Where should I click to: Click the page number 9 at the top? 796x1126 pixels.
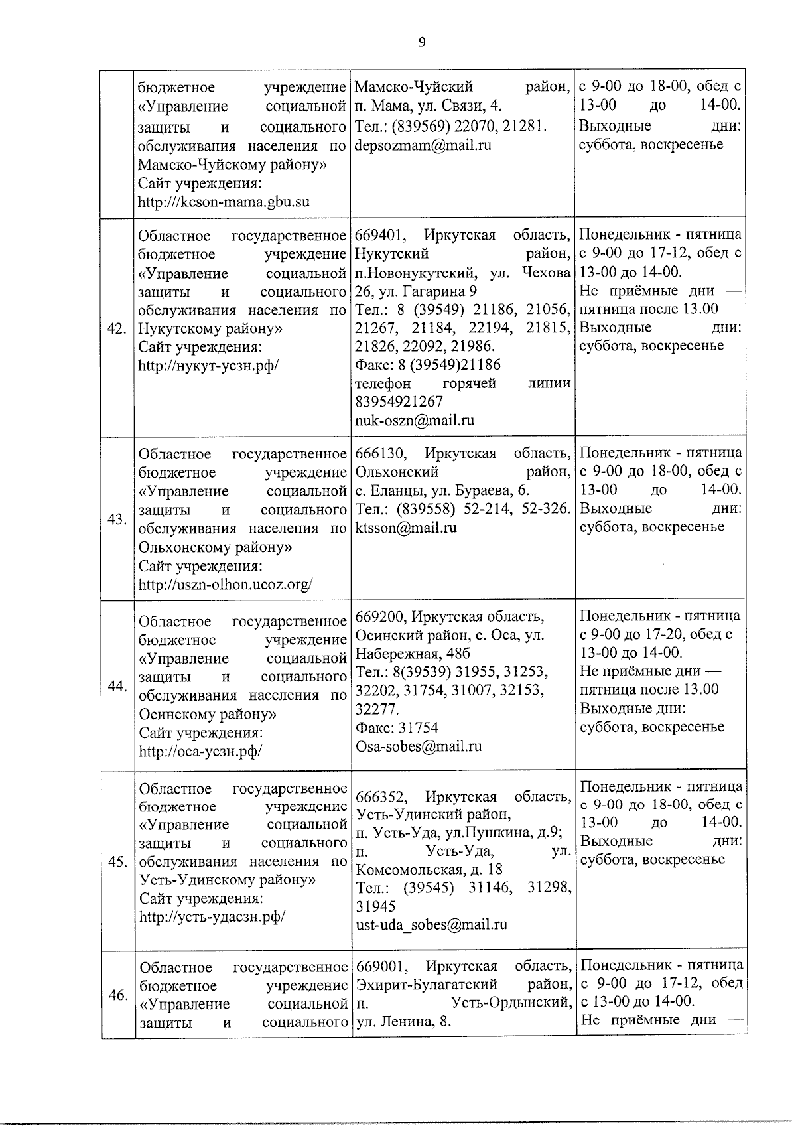[422, 43]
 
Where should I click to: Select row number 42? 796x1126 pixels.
[117, 328]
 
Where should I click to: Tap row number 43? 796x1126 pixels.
[117, 519]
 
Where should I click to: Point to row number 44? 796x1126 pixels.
[117, 686]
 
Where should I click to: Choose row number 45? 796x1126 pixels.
[117, 861]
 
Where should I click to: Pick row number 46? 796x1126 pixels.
[117, 995]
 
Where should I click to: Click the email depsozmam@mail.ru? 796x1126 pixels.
[423, 145]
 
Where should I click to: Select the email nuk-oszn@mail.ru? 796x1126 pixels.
[415, 420]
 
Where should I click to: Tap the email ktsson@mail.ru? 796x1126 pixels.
[406, 528]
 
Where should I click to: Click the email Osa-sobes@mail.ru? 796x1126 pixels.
[419, 746]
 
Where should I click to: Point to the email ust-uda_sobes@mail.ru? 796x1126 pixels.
[431, 924]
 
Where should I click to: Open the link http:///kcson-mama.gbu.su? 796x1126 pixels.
[224, 201]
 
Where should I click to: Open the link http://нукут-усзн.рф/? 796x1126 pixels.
[208, 365]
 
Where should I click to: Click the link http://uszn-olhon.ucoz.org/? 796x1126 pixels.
[226, 585]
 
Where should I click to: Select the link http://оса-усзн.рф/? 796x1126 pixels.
[200, 751]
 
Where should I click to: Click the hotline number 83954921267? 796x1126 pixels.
[399, 401]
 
